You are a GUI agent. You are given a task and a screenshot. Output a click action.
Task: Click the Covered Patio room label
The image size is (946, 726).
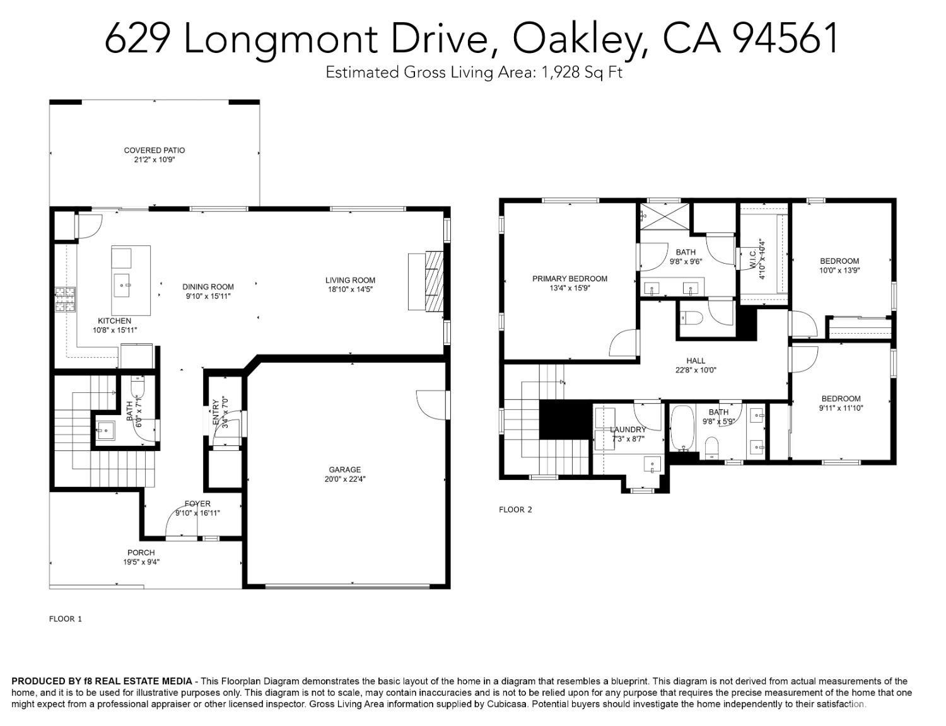(x=154, y=150)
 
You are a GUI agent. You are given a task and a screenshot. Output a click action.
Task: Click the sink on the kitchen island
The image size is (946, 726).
(x=122, y=285)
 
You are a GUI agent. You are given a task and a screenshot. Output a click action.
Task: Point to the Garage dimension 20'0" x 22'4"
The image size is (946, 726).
(x=344, y=479)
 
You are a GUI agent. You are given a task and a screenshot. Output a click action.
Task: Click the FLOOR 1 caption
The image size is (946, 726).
(x=66, y=619)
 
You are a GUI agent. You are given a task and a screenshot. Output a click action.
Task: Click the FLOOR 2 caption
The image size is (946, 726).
(x=515, y=510)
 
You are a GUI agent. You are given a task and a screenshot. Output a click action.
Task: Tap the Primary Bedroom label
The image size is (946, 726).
(x=569, y=279)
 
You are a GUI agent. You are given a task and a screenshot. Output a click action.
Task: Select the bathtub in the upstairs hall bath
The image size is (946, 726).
(x=681, y=428)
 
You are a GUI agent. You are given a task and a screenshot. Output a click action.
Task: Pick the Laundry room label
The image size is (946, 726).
(x=628, y=430)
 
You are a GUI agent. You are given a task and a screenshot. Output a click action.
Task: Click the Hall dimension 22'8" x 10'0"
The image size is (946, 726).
(x=696, y=370)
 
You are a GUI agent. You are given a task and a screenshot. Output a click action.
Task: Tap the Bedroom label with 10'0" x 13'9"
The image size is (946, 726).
(x=839, y=261)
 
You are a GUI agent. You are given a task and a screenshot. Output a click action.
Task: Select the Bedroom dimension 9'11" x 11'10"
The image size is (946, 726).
(x=841, y=408)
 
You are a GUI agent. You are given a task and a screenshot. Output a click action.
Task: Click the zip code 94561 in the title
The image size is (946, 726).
(x=786, y=38)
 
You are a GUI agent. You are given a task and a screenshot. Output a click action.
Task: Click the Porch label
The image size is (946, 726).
(x=141, y=553)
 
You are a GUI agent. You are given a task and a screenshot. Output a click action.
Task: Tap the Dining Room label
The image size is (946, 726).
(x=208, y=286)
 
